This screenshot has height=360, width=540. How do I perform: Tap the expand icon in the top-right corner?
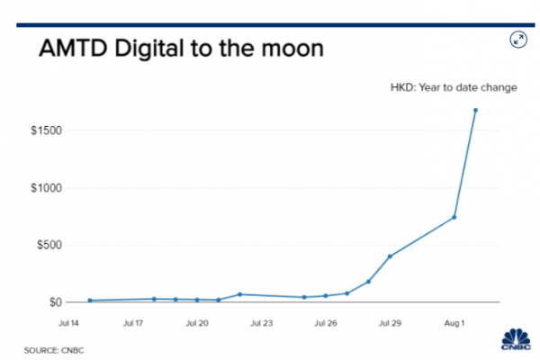[518, 40]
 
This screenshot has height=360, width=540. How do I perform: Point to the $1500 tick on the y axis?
[45, 131]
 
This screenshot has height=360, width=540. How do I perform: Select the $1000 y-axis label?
[45, 188]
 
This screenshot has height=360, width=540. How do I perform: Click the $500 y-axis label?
[48, 245]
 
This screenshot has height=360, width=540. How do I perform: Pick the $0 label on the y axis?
[53, 302]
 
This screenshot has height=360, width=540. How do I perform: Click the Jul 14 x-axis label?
[69, 320]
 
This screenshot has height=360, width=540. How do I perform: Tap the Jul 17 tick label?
[133, 320]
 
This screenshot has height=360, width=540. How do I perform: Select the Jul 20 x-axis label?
[197, 320]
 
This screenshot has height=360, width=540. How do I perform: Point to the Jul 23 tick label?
[261, 320]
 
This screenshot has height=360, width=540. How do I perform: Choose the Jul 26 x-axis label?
[326, 320]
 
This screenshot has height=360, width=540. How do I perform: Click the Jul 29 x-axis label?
[390, 320]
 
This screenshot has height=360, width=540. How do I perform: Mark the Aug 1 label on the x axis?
[454, 320]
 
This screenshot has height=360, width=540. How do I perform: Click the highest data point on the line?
[475, 110]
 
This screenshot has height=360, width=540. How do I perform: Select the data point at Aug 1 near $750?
[454, 217]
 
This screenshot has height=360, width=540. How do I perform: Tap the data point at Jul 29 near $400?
[390, 256]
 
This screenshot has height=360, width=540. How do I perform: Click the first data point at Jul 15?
[90, 301]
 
